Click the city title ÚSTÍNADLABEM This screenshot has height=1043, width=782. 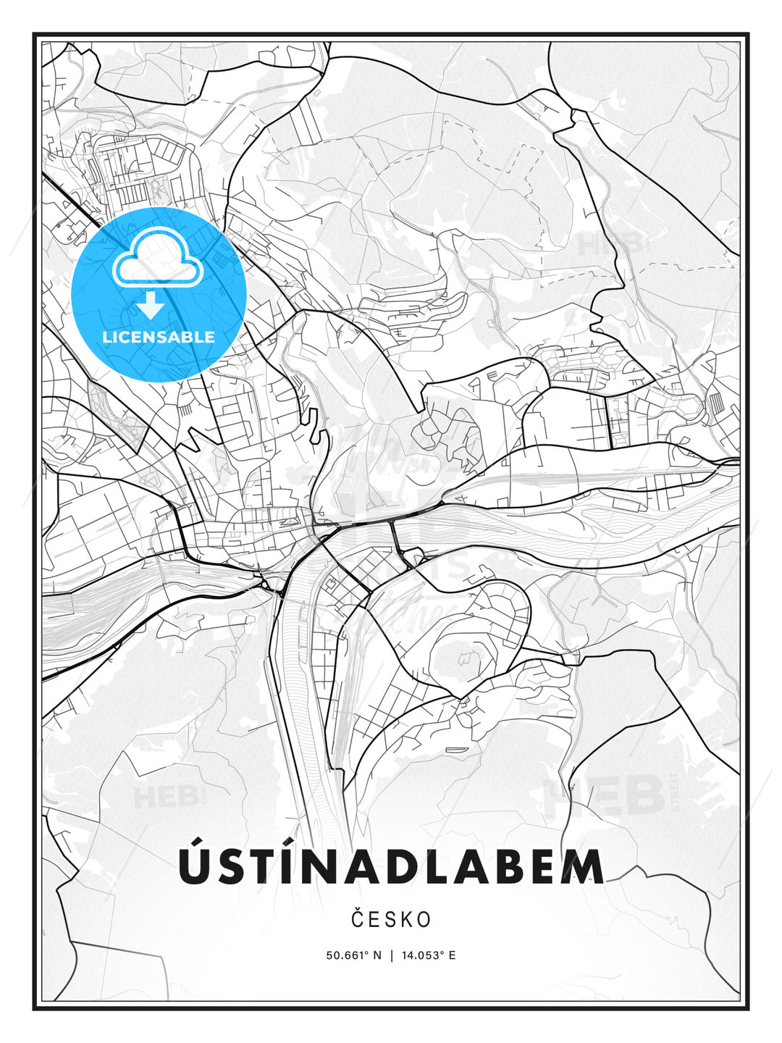(391, 866)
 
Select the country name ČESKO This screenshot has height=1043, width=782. (391, 919)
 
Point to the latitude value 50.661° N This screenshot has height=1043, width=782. (353, 955)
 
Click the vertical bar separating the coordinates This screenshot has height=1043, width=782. (391, 955)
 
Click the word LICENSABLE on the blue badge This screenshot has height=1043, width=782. (159, 337)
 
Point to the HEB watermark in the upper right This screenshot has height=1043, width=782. (609, 243)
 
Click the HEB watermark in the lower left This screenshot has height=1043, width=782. (165, 797)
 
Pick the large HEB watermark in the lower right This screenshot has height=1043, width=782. (605, 795)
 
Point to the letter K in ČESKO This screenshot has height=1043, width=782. (407, 919)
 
